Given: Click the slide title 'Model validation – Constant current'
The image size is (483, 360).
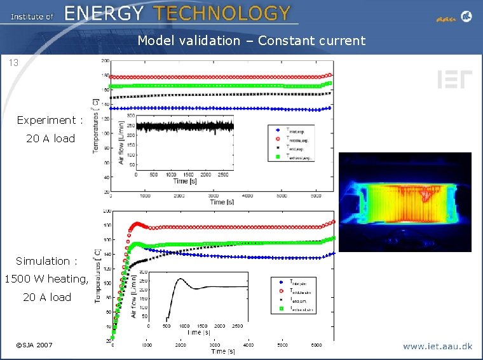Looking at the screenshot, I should tap(252, 41).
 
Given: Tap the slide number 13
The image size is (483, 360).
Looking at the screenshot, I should tap(13, 63).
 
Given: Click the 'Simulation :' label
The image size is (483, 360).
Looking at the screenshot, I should tap(46, 261).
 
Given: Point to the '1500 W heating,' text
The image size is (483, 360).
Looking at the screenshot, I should tap(46, 279).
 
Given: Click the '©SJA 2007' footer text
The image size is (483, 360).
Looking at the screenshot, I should tap(34, 345).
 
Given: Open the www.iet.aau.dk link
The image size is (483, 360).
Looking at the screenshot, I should tap(437, 347).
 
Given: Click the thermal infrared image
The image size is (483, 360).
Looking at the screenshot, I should tap(405, 202).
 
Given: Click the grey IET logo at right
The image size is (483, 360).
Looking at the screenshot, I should tap(454, 80).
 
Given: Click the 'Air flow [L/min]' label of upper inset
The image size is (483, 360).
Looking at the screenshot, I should tap(122, 143).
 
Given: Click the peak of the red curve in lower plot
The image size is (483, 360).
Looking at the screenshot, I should tap(137, 223).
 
